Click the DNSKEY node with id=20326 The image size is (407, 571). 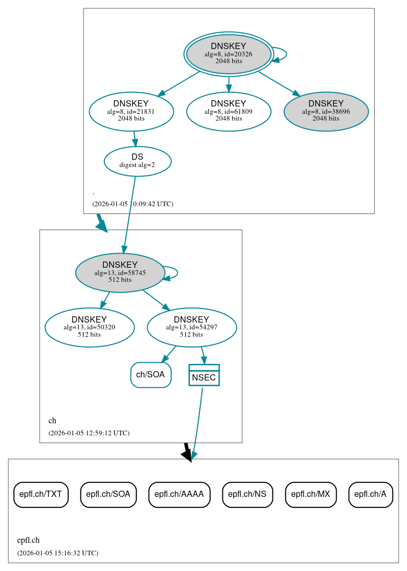point(229,54)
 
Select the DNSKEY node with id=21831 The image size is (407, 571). point(131,111)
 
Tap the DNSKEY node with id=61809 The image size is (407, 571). point(229,111)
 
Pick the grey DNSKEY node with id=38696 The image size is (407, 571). point(326,111)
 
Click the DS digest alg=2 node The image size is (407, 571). point(137,161)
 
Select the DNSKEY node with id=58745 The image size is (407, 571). point(120,272)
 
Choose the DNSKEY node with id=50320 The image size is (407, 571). point(89,327)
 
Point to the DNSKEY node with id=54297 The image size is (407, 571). point(191,327)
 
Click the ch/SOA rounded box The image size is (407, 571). point(151,375)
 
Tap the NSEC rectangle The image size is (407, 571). point(203,375)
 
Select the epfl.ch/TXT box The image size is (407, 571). point(41,494)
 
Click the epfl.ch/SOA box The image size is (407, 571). point(108,494)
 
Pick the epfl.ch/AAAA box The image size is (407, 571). point(179,494)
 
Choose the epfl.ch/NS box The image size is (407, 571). point(247,494)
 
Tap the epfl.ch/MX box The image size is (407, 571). point(310,494)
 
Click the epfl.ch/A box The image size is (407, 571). point(370,494)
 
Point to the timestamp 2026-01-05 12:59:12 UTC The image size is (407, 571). point(89,433)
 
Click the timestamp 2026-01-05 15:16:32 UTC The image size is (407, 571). point(57,553)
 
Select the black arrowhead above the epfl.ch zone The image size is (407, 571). point(187,454)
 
